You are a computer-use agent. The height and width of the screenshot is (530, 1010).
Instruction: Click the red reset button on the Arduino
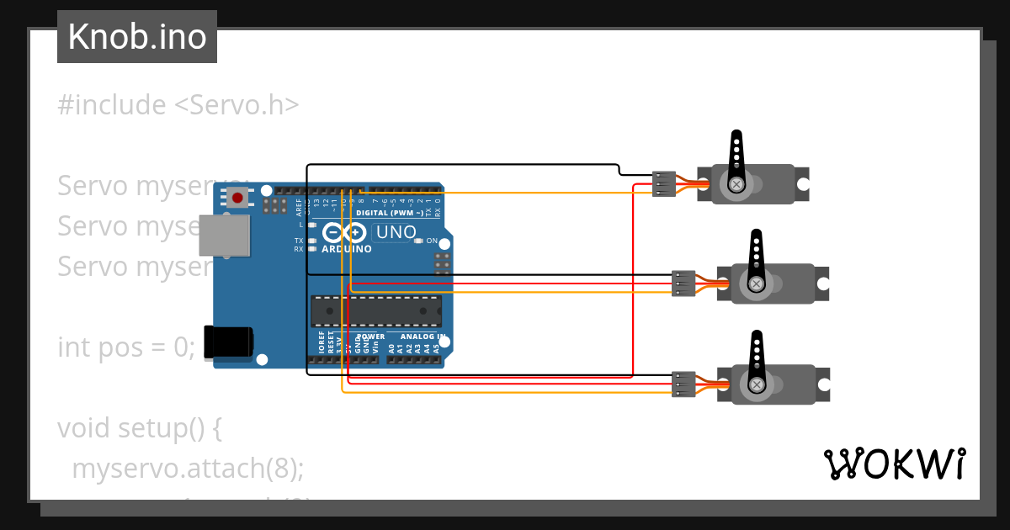click(x=238, y=199)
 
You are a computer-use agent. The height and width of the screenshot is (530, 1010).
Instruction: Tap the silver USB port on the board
click(x=224, y=236)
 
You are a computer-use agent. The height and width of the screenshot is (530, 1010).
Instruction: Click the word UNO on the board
click(x=396, y=232)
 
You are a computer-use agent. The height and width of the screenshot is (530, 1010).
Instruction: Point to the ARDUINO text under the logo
click(x=347, y=249)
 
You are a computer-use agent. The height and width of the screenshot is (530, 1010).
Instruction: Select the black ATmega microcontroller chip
click(x=376, y=310)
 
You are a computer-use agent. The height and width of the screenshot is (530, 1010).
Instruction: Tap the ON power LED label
click(x=432, y=241)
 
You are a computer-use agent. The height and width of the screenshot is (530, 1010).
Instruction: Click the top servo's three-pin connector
click(x=664, y=183)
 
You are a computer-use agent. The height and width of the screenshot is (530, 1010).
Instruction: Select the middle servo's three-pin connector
click(x=683, y=284)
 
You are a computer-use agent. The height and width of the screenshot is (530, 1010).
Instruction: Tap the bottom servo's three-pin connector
click(x=683, y=384)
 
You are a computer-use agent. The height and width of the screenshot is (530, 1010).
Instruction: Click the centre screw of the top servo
click(x=736, y=183)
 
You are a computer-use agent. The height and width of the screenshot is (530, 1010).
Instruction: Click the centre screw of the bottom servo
click(x=757, y=384)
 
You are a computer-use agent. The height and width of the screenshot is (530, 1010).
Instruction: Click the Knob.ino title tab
click(x=137, y=37)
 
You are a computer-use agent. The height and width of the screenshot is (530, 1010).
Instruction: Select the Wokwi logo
click(x=894, y=464)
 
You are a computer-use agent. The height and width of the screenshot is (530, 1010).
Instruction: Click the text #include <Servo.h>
click(x=178, y=105)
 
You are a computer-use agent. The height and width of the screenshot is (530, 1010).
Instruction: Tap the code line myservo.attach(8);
click(x=187, y=469)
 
